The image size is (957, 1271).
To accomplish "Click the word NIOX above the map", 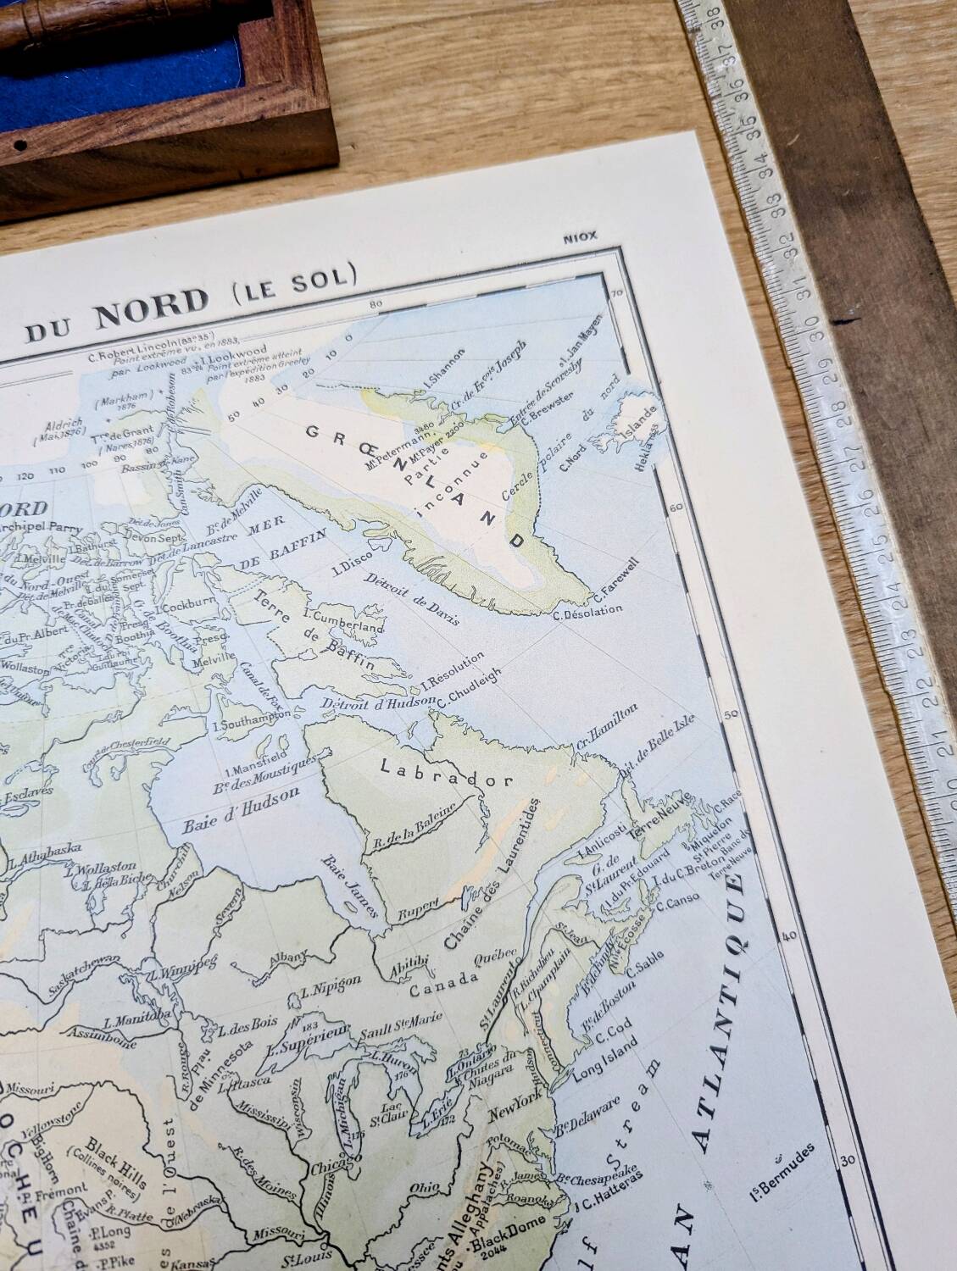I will point(581,238).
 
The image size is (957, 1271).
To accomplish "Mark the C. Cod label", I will point(611,1036).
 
